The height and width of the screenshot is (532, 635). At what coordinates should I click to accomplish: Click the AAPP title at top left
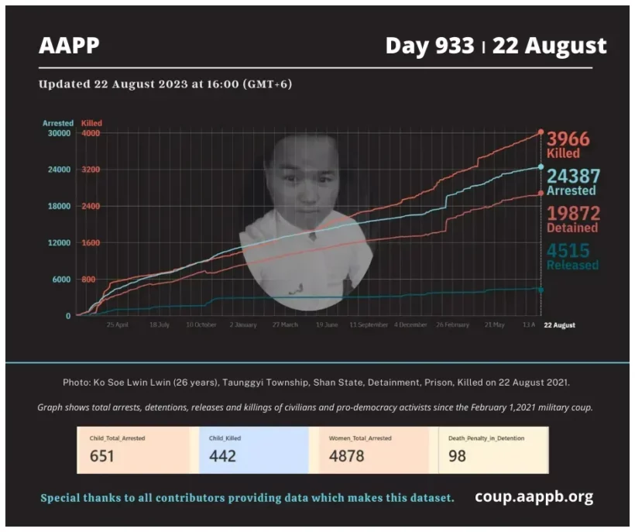69,46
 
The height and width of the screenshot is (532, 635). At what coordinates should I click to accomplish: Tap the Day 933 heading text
430,46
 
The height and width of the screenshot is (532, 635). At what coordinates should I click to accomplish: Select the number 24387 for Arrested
573,177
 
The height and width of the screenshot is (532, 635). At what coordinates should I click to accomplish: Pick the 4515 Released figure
568,251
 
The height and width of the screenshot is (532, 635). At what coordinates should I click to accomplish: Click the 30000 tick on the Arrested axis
58,133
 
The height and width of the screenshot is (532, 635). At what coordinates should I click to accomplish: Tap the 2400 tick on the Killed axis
91,206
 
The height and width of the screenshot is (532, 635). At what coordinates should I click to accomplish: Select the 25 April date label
117,325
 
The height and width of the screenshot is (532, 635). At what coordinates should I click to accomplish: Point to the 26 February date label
453,325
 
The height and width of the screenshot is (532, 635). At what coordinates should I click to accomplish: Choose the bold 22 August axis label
559,325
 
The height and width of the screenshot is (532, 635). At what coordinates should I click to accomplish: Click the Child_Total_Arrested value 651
101,456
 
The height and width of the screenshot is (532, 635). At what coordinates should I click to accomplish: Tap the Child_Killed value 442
221,456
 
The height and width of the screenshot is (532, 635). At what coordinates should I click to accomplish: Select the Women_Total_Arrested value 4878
346,456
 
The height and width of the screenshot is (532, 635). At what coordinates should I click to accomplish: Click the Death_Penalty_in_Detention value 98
458,456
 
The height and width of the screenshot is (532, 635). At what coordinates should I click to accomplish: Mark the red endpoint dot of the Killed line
541,132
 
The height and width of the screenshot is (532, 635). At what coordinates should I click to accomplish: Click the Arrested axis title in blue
58,123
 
